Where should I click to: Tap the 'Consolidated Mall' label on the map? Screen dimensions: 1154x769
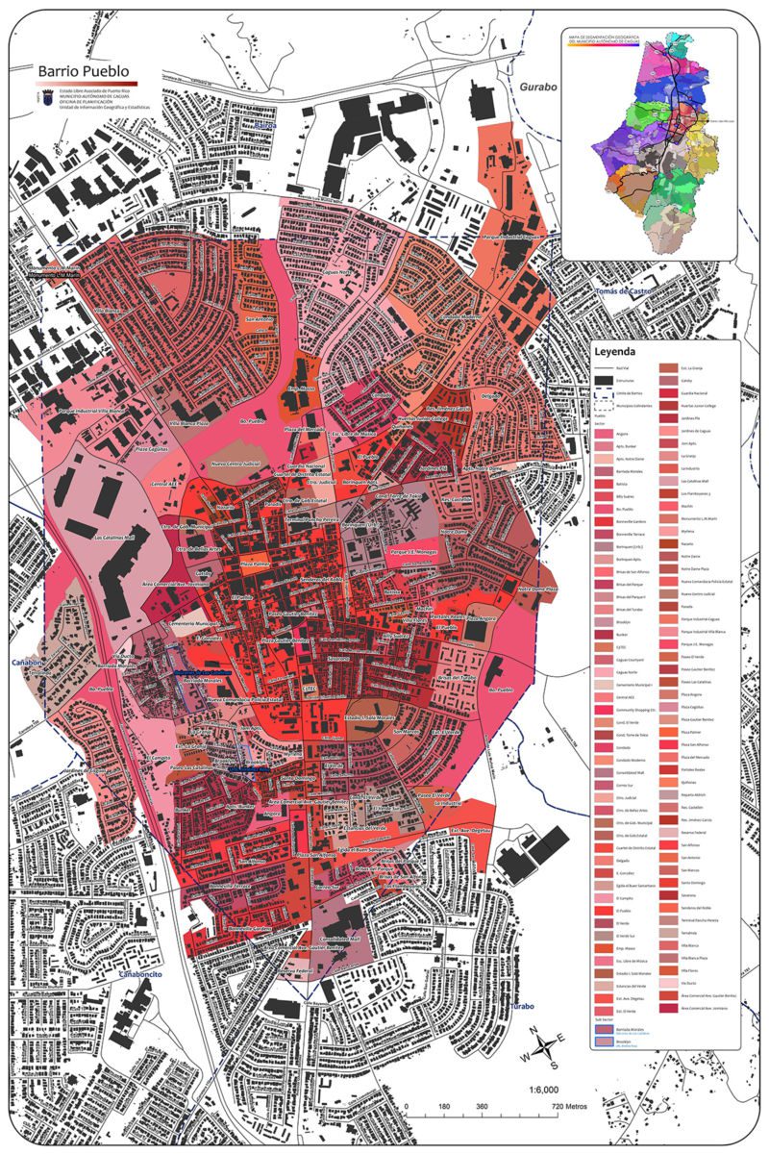[x=340, y=937]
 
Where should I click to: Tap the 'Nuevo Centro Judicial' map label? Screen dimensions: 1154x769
[x=237, y=464]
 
